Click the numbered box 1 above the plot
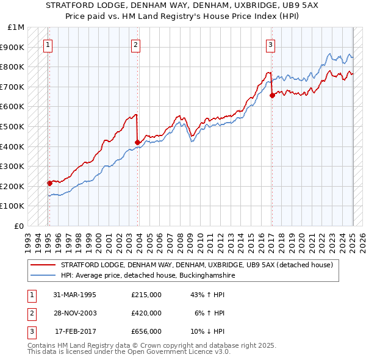point(48,44)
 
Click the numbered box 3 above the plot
point(270,44)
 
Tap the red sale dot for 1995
point(49,183)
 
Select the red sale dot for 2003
point(137,142)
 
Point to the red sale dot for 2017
point(272,95)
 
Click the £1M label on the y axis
point(16,27)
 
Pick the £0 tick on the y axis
point(20,226)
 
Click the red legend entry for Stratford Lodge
point(196,265)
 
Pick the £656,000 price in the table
point(146,331)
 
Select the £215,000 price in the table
point(146,295)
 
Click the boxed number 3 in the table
point(30,331)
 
